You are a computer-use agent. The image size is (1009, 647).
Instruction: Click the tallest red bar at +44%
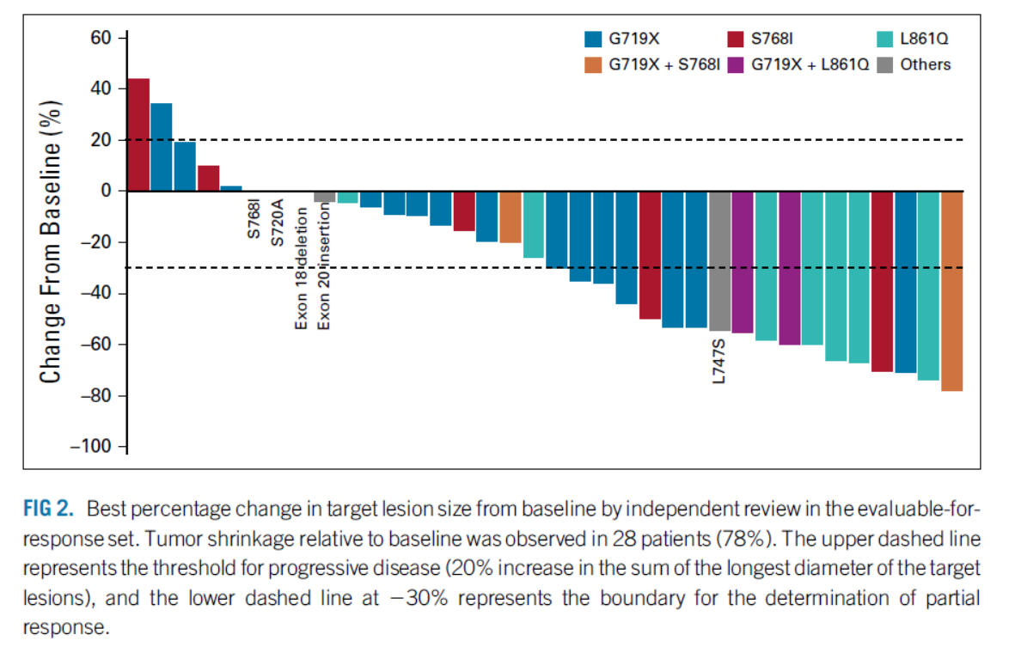tap(138, 134)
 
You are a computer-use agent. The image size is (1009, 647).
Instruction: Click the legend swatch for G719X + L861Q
tap(737, 64)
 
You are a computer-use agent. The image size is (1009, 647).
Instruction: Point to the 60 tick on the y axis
tap(103, 38)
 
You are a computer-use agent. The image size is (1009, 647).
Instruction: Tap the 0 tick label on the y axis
tap(108, 191)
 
